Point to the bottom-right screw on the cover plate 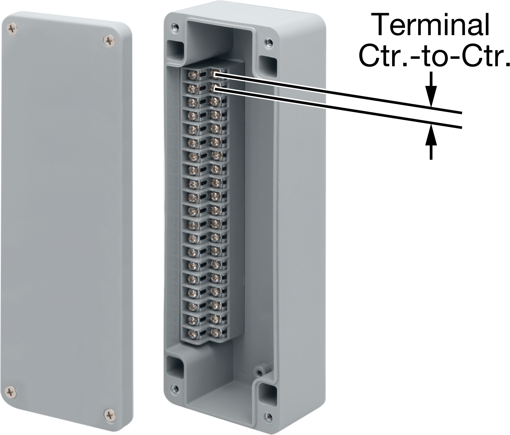click(x=109, y=414)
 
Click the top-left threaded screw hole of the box click(x=175, y=27)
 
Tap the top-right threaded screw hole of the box click(x=267, y=42)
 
